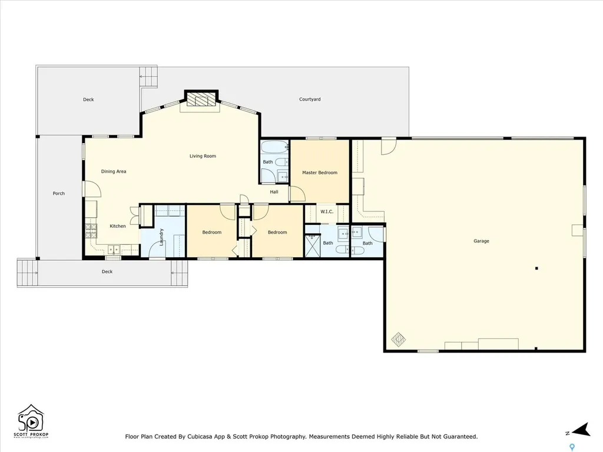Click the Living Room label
203,156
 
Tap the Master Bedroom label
320,172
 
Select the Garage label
481,241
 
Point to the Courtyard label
310,99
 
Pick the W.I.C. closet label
327,212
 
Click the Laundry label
161,237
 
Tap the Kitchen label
118,226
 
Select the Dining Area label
114,171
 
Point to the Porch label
59,193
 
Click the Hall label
274,192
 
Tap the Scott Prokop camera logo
33,420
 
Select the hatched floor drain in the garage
399,339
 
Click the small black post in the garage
536,268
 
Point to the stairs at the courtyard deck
150,77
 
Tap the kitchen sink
113,250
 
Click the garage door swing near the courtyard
388,146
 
